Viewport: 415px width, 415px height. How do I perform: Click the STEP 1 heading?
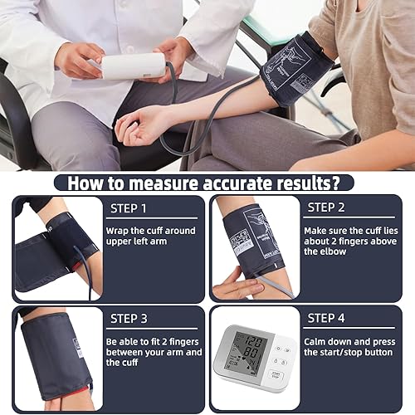[128, 207]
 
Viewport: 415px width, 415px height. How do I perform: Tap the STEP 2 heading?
[326, 207]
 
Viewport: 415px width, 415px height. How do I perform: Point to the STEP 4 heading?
[326, 317]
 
